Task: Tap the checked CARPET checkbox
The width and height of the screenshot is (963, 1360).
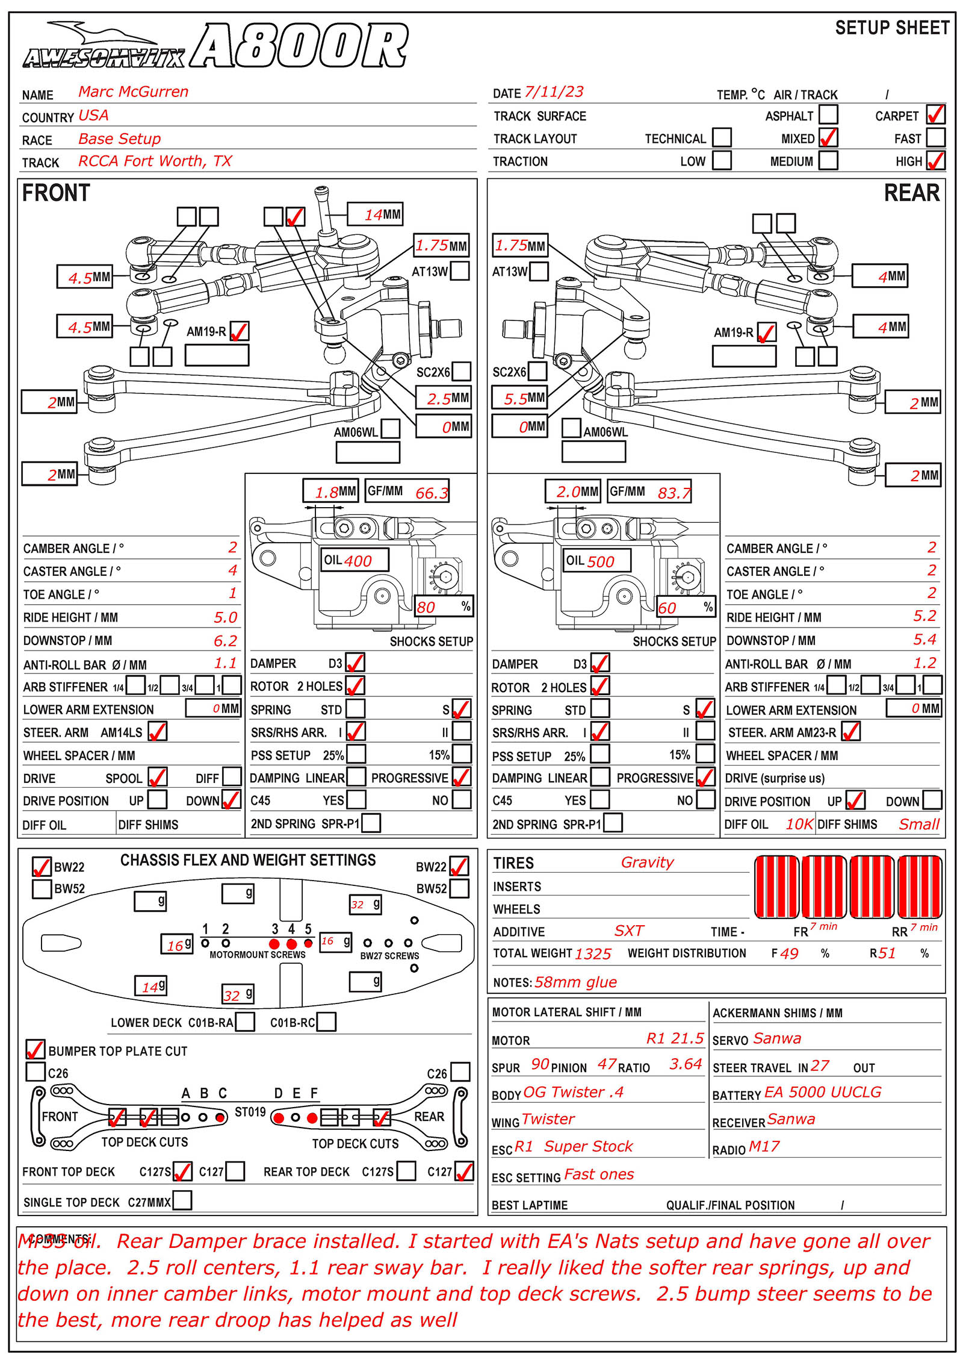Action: (x=935, y=114)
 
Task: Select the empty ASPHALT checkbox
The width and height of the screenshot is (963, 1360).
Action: (x=828, y=114)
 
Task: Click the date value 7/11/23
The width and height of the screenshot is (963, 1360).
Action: (x=554, y=92)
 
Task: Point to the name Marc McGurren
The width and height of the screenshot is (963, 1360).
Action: (x=133, y=92)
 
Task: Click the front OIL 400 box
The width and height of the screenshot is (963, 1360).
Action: (x=355, y=560)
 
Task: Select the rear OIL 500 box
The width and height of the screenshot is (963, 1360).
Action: (x=596, y=561)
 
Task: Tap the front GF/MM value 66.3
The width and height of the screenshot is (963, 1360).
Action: (x=432, y=493)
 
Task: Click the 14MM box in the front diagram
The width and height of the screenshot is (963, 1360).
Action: (x=375, y=214)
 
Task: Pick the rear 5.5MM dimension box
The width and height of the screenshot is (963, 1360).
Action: (x=519, y=398)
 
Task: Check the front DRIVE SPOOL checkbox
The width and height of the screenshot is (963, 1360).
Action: (x=157, y=777)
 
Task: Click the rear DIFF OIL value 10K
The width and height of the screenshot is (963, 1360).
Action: (x=799, y=824)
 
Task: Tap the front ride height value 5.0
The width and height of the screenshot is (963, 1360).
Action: (x=226, y=617)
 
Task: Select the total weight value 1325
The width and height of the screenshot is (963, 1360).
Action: (x=593, y=953)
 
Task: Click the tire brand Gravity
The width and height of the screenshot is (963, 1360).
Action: (x=647, y=862)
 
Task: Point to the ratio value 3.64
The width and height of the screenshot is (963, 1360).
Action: (x=686, y=1064)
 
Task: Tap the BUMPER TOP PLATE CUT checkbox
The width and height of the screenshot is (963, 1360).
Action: (x=36, y=1049)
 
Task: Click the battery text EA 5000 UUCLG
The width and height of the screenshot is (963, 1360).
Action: (x=822, y=1092)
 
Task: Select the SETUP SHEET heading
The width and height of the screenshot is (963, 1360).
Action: (x=892, y=28)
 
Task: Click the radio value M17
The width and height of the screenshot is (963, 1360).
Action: (x=764, y=1146)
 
